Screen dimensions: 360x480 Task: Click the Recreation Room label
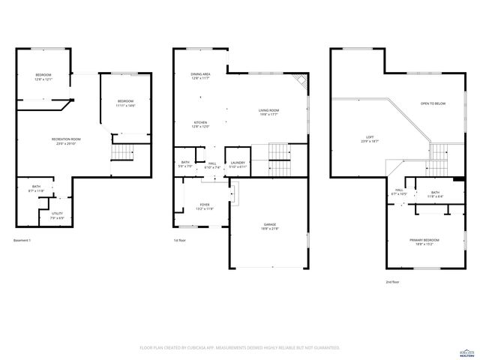click(66, 142)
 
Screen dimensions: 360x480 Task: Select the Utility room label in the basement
click(57, 216)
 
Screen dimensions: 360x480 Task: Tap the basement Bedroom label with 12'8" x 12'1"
click(43, 77)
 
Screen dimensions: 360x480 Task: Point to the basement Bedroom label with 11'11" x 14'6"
click(124, 103)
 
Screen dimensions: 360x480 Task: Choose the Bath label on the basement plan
click(36, 189)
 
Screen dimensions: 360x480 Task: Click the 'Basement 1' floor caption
click(23, 240)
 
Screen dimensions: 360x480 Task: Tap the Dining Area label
click(200, 76)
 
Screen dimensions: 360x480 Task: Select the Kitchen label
click(200, 124)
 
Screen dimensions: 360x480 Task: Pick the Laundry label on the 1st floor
click(238, 164)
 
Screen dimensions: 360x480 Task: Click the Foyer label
click(204, 207)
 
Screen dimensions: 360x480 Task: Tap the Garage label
click(269, 226)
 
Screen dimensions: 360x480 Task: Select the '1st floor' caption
click(180, 240)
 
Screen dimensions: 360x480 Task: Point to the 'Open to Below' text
click(433, 103)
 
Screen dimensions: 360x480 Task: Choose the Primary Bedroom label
click(424, 241)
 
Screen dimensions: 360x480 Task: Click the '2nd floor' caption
click(392, 282)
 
